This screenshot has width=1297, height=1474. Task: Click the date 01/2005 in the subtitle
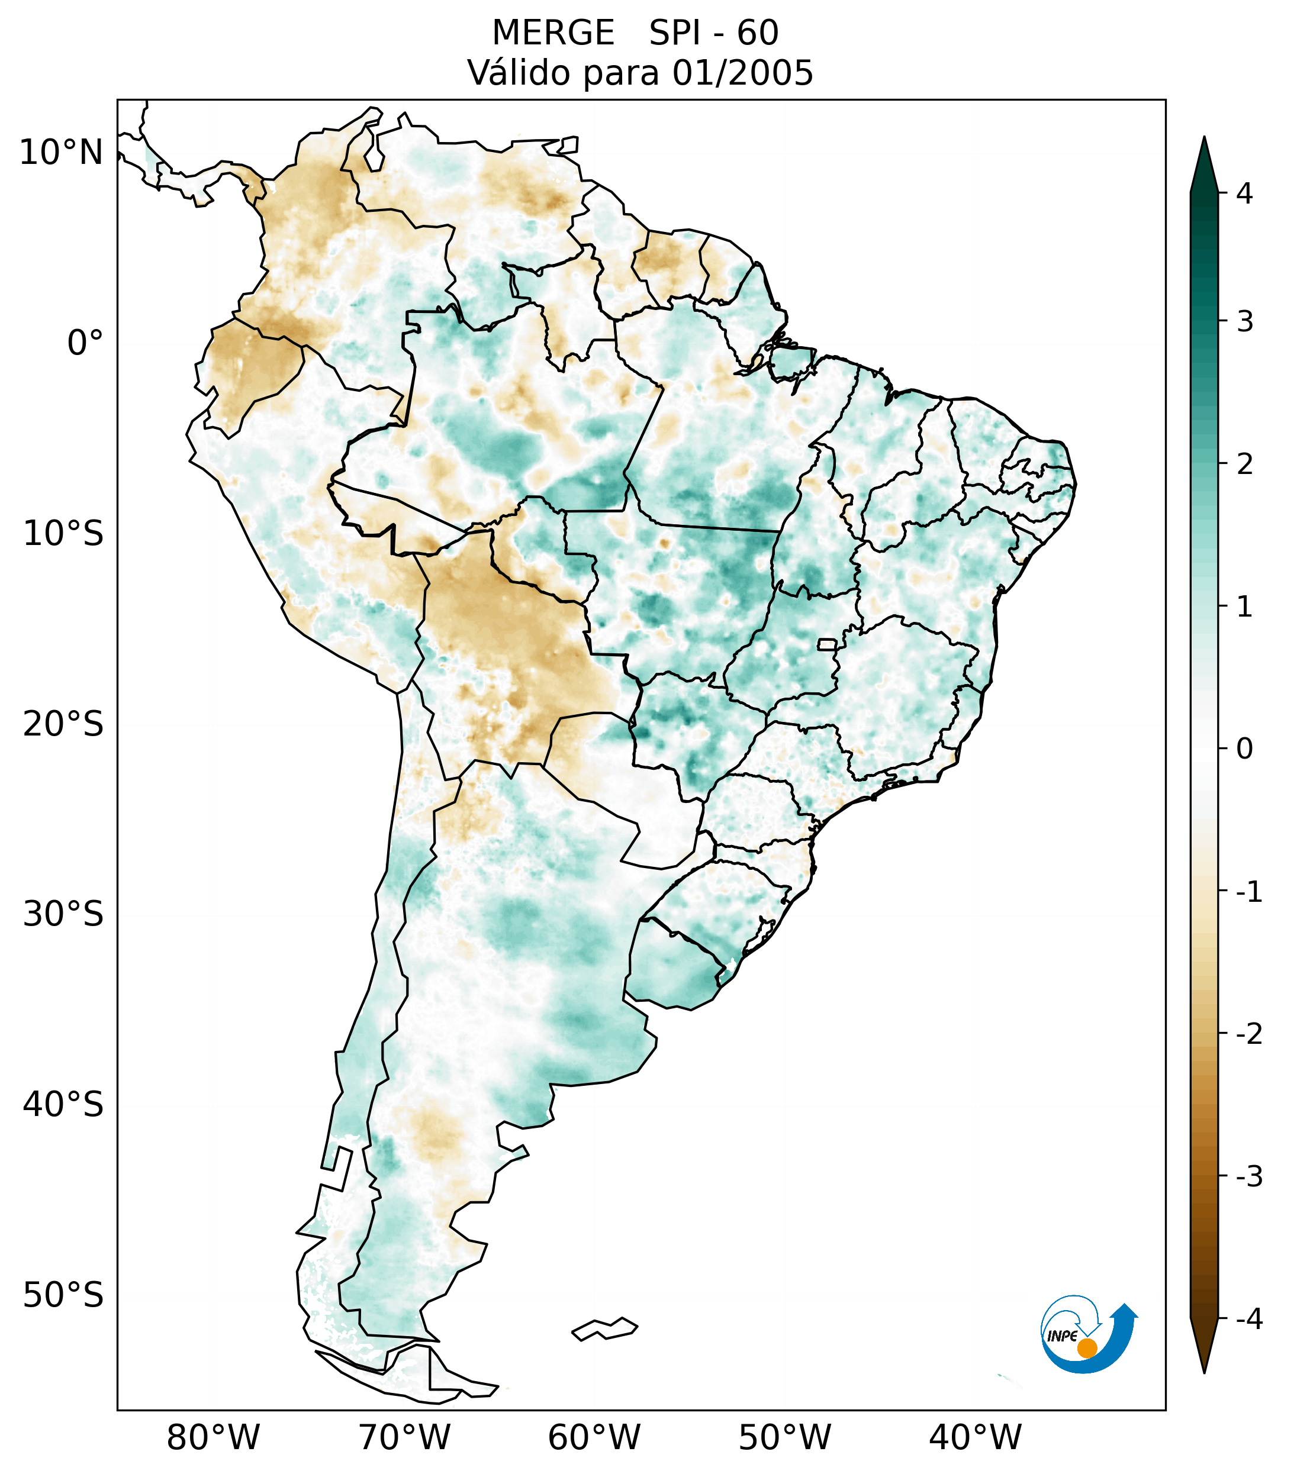coord(743,73)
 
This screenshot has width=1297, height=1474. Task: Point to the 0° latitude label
coord(85,343)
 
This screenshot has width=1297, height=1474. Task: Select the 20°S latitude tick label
coord(63,724)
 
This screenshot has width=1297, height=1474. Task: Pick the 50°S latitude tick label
coord(63,1296)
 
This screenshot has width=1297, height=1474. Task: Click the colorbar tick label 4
coord(1244,193)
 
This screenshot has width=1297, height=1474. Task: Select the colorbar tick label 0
coord(1244,749)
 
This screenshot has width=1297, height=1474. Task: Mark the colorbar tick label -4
coord(1248,1320)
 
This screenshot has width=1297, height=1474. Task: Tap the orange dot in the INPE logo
coord(1087,1348)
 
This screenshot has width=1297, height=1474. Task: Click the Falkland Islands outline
coord(604,1328)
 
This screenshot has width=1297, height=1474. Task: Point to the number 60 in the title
coord(758,33)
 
